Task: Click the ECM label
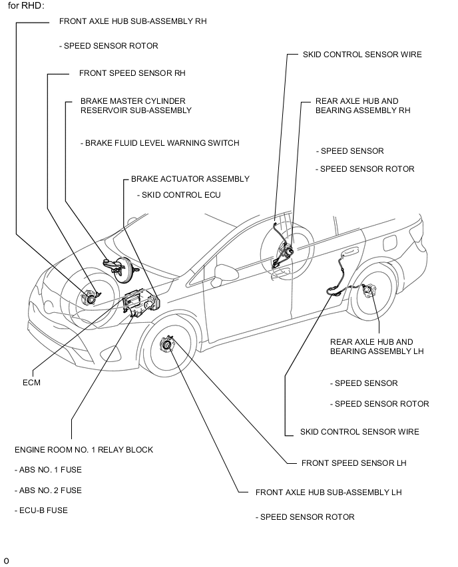(31, 383)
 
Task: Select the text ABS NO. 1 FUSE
(48, 470)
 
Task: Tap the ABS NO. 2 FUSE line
(48, 490)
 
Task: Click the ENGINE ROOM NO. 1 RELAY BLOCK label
(84, 450)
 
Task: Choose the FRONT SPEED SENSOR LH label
(353, 463)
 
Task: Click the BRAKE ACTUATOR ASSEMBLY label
(190, 178)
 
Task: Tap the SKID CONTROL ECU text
(178, 195)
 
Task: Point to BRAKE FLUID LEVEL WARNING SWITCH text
(159, 143)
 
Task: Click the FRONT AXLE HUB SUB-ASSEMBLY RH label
(132, 21)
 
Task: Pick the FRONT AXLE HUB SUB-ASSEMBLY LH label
(328, 492)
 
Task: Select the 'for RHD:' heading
(26, 5)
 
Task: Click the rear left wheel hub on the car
(371, 292)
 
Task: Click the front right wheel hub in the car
(89, 297)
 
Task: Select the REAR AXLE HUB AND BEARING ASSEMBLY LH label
(376, 347)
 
